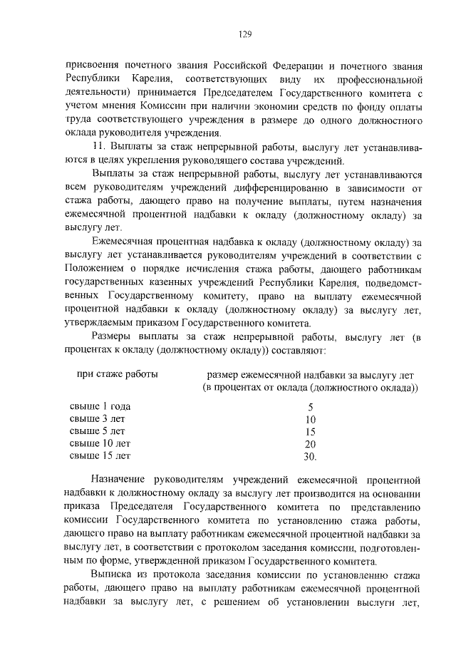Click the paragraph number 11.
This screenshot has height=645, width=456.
pyautogui.click(x=100, y=146)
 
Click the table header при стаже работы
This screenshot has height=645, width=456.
pyautogui.click(x=117, y=374)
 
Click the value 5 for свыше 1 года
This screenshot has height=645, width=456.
pyautogui.click(x=310, y=407)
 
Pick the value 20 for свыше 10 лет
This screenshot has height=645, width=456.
pyautogui.click(x=310, y=443)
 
